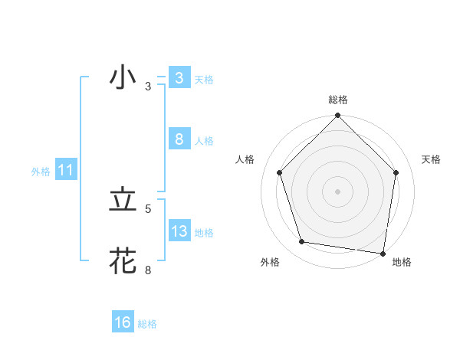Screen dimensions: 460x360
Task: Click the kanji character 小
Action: [x=123, y=79]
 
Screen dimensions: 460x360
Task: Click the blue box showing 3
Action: [x=179, y=78]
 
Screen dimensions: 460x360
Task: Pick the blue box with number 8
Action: [x=179, y=139]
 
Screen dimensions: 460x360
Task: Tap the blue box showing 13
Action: [x=179, y=231]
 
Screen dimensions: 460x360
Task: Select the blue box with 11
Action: [x=65, y=171]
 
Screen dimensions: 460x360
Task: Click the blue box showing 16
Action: [x=123, y=322]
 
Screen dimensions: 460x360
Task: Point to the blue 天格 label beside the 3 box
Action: [x=204, y=80]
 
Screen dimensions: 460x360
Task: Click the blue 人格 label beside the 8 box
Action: [x=204, y=141]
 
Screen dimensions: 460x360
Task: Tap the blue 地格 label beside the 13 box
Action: [x=204, y=232]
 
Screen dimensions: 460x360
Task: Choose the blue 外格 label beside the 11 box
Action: [x=41, y=172]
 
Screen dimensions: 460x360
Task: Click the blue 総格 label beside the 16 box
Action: [x=147, y=324]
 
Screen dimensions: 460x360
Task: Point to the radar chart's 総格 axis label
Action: [x=337, y=100]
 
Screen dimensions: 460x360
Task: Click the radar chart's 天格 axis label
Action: [x=432, y=159]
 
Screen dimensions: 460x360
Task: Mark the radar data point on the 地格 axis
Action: [x=382, y=252]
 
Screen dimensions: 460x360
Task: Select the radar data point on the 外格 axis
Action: [x=302, y=242]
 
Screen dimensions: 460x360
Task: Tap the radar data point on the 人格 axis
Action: [x=280, y=172]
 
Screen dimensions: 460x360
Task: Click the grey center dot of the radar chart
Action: [x=337, y=191]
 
